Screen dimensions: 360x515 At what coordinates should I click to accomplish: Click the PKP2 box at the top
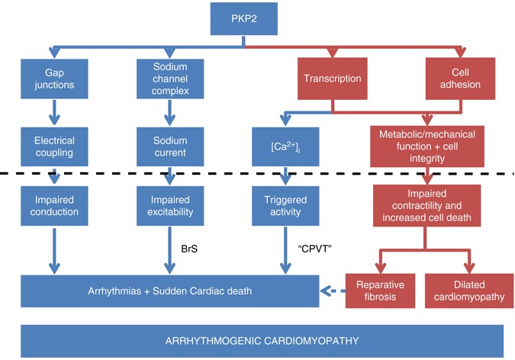pyautogui.click(x=243, y=18)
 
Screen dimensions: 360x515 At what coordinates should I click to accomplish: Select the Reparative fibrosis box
pyautogui.click(x=377, y=291)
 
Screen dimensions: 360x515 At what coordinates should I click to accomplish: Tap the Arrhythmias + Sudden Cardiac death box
pyautogui.click(x=169, y=291)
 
